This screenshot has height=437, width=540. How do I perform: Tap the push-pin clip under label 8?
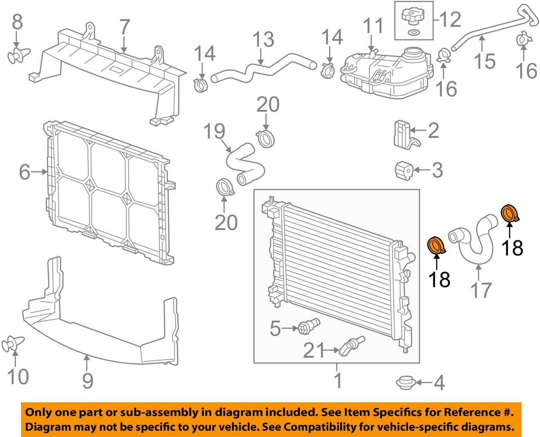click(x=18, y=56)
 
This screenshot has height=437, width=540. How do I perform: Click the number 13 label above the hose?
click(x=263, y=39)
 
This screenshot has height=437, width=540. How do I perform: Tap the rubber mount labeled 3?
click(x=404, y=170)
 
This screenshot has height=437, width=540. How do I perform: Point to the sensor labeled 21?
click(x=352, y=346)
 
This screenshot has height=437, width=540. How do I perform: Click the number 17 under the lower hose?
click(x=481, y=290)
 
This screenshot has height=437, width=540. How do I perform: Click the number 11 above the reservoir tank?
click(x=373, y=25)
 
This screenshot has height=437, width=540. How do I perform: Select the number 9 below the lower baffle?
click(x=88, y=380)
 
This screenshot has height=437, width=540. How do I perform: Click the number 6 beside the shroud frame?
click(x=25, y=172)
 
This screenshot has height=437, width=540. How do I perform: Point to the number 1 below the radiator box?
click(x=338, y=380)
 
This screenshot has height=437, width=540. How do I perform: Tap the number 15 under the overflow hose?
click(x=485, y=61)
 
